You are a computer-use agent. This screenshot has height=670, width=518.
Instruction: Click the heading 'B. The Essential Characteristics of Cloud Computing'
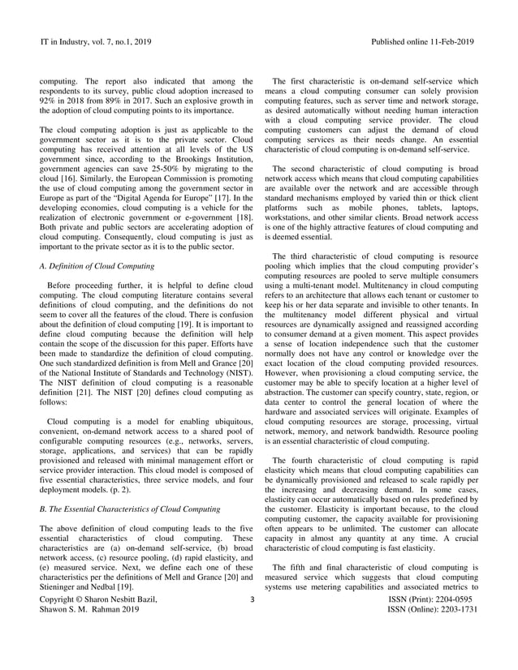[130, 509]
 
